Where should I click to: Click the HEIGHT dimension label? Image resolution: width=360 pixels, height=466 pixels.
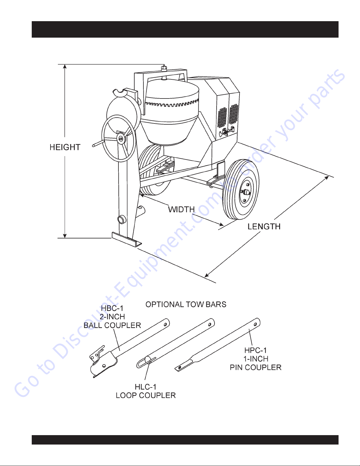65,147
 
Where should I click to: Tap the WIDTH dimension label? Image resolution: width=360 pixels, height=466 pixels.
181,210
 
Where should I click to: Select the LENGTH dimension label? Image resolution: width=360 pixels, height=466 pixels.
264,227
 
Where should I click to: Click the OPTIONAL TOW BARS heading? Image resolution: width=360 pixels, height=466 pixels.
186,305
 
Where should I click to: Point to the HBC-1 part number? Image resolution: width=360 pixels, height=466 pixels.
112,308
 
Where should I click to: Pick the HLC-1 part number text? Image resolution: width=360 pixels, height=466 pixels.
145,387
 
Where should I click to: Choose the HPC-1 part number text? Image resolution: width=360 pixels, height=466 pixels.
255,350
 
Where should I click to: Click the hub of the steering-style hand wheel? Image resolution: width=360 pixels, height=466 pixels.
120,138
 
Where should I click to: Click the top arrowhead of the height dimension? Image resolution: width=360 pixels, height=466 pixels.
65,66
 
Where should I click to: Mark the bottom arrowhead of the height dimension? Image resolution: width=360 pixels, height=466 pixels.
65,236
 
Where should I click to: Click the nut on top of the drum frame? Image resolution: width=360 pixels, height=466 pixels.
164,69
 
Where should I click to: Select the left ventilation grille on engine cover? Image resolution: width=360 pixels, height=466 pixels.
222,117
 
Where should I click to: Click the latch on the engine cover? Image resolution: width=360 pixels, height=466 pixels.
225,133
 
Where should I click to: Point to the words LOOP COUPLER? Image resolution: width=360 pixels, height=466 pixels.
146,395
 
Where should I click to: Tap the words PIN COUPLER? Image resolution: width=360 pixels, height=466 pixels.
255,368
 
